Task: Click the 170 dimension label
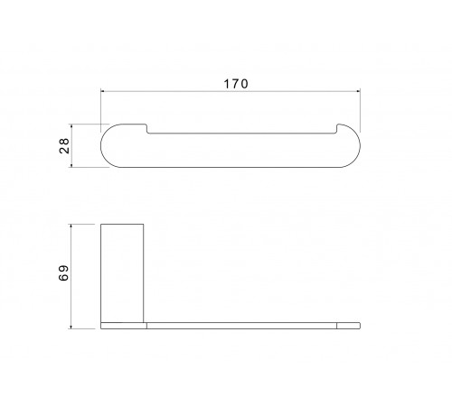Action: click(236, 84)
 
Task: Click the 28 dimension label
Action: click(64, 146)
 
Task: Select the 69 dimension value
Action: click(63, 273)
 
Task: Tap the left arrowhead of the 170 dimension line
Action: click(103, 91)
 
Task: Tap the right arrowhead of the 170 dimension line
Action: click(358, 91)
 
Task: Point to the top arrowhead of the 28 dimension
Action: click(71, 126)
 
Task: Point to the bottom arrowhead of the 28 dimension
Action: click(71, 165)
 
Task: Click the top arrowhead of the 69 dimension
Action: click(71, 226)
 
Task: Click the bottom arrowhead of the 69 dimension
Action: click(71, 327)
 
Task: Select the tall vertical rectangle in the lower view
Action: click(122, 273)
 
